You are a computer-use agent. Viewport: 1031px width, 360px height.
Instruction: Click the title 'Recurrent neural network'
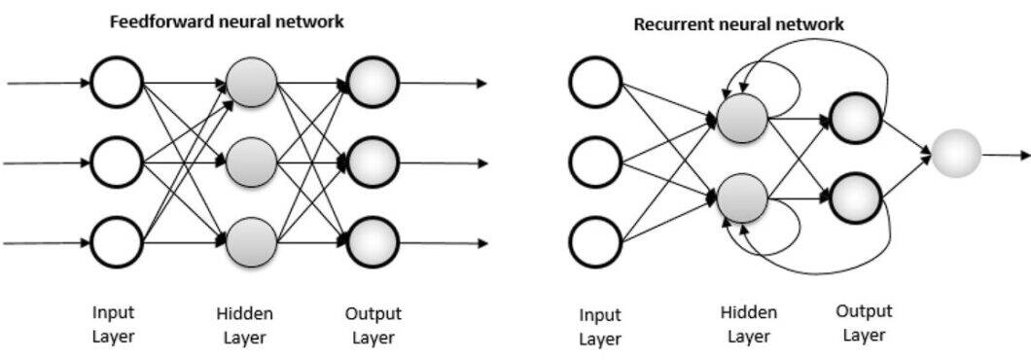tap(739, 24)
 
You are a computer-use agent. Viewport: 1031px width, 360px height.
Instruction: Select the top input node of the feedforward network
tap(118, 83)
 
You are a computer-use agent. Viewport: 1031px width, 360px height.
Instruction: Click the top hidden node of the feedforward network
tap(251, 83)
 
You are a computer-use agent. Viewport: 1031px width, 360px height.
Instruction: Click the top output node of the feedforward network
tap(373, 83)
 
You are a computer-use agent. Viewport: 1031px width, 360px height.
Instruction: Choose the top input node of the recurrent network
tap(595, 84)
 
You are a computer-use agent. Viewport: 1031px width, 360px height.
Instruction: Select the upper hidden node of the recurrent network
tap(742, 119)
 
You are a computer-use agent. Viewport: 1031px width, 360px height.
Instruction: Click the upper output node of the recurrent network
tap(855, 118)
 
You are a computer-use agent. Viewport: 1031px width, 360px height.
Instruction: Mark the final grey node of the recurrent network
tap(954, 155)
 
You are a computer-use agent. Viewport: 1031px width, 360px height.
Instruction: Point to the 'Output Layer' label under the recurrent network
tap(863, 323)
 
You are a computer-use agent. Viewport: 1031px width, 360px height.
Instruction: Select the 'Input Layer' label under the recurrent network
tap(600, 327)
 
